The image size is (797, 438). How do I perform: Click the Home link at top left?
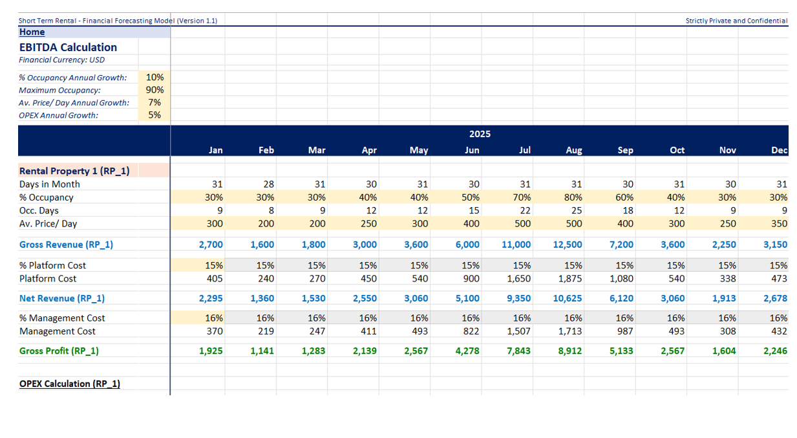pyautogui.click(x=32, y=32)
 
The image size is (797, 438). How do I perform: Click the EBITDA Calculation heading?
pyautogui.click(x=68, y=47)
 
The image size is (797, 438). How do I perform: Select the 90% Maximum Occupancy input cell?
pyautogui.click(x=154, y=90)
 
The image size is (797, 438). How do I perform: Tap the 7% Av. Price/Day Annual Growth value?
pyautogui.click(x=154, y=102)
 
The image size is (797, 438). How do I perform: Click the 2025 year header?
pyautogui.click(x=480, y=134)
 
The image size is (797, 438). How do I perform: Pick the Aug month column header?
pyautogui.click(x=573, y=150)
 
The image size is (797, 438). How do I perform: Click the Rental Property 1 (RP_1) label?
pyautogui.click(x=74, y=171)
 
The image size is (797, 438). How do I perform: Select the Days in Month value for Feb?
pyautogui.click(x=266, y=184)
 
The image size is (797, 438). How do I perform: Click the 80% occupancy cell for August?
pyautogui.click(x=573, y=197)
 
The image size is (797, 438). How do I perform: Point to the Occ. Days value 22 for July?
pyautogui.click(x=524, y=210)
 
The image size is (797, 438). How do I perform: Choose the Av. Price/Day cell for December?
pyautogui.click(x=778, y=223)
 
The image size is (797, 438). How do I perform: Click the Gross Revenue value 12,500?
pyautogui.click(x=568, y=245)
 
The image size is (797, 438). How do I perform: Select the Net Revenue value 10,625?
pyautogui.click(x=568, y=298)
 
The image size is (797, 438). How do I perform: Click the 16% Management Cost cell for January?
pyautogui.click(x=214, y=318)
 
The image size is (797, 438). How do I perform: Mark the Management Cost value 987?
pyautogui.click(x=624, y=331)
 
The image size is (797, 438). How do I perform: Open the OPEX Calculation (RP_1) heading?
pyautogui.click(x=70, y=384)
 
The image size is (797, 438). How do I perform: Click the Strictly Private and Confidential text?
pyautogui.click(x=736, y=21)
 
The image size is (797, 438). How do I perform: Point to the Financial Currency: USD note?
pyautogui.click(x=61, y=60)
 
